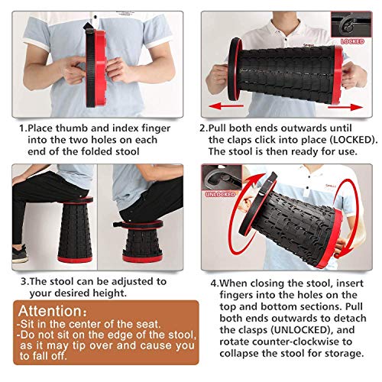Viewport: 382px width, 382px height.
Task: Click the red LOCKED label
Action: pyautogui.click(x=352, y=41)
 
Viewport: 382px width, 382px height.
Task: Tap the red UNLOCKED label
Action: pyautogui.click(x=220, y=194)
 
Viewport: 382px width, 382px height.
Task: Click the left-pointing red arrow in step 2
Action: pyautogui.click(x=226, y=106)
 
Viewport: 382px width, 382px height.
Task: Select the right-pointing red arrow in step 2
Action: pyautogui.click(x=345, y=107)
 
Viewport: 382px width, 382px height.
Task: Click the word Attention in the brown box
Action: pyautogui.click(x=50, y=311)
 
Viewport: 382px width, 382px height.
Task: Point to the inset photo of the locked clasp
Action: pyautogui.click(x=351, y=24)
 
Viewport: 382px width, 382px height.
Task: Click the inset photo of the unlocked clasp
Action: pyautogui.click(x=222, y=178)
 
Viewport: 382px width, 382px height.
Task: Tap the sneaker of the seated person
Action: pyautogui.click(x=20, y=254)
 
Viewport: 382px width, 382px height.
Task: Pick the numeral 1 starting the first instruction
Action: pyautogui.click(x=22, y=128)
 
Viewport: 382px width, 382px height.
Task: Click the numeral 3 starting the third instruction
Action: pyautogui.click(x=24, y=282)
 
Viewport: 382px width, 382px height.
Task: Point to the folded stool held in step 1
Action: pyautogui.click(x=95, y=67)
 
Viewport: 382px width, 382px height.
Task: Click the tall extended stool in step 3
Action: pyautogui.click(x=76, y=230)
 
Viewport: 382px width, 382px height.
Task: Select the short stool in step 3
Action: pyautogui.click(x=142, y=241)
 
